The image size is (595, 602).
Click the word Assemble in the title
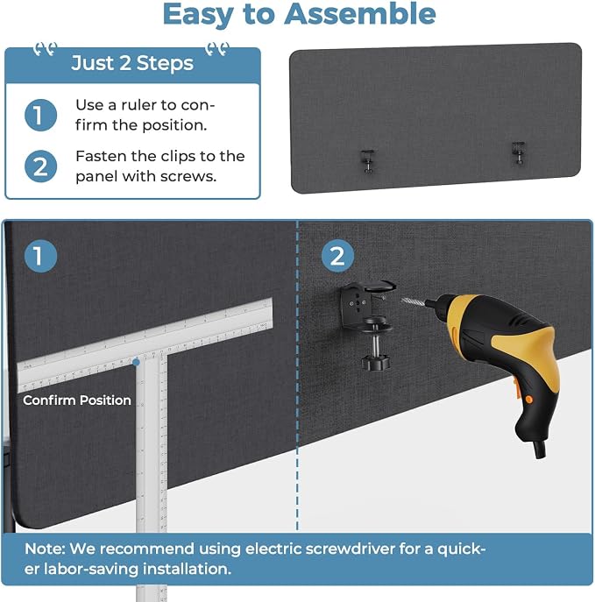[x=359, y=14]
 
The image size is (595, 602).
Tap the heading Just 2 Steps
[x=132, y=63]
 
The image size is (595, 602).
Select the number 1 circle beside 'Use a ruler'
[x=40, y=115]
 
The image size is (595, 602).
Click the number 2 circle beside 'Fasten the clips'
[x=40, y=166]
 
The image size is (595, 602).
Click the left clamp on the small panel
[x=368, y=161]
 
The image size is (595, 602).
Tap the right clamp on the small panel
[x=518, y=152]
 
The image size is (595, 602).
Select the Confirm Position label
[x=77, y=400]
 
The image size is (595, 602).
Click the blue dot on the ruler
[x=136, y=362]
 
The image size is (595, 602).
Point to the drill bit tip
[x=403, y=300]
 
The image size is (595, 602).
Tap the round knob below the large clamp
[x=375, y=361]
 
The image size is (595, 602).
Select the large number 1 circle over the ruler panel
[x=40, y=256]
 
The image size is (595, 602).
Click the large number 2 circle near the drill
[x=337, y=256]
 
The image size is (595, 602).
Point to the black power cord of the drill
[x=539, y=449]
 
